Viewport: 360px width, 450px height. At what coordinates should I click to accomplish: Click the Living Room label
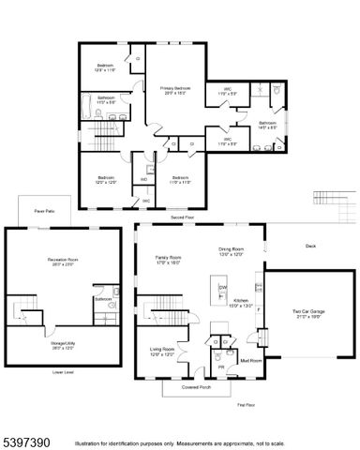click(x=163, y=350)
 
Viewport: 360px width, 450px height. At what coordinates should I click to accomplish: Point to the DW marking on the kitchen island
click(x=222, y=286)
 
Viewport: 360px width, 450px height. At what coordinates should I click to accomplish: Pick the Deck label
click(x=310, y=247)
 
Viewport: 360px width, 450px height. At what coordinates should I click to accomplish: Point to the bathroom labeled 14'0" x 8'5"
click(x=267, y=125)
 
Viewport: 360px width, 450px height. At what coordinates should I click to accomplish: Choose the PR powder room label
click(x=221, y=368)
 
